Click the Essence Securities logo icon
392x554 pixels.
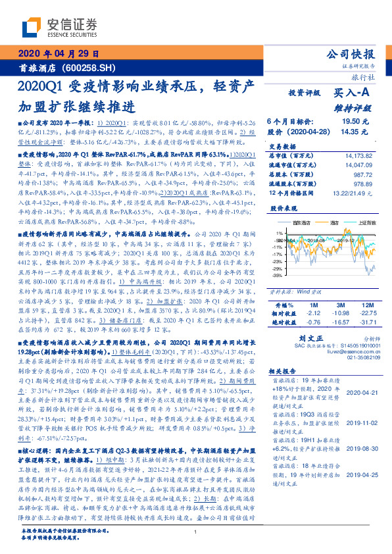tap(34, 26)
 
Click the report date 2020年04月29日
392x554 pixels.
tap(57, 54)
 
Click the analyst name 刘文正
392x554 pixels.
tap(316, 336)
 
